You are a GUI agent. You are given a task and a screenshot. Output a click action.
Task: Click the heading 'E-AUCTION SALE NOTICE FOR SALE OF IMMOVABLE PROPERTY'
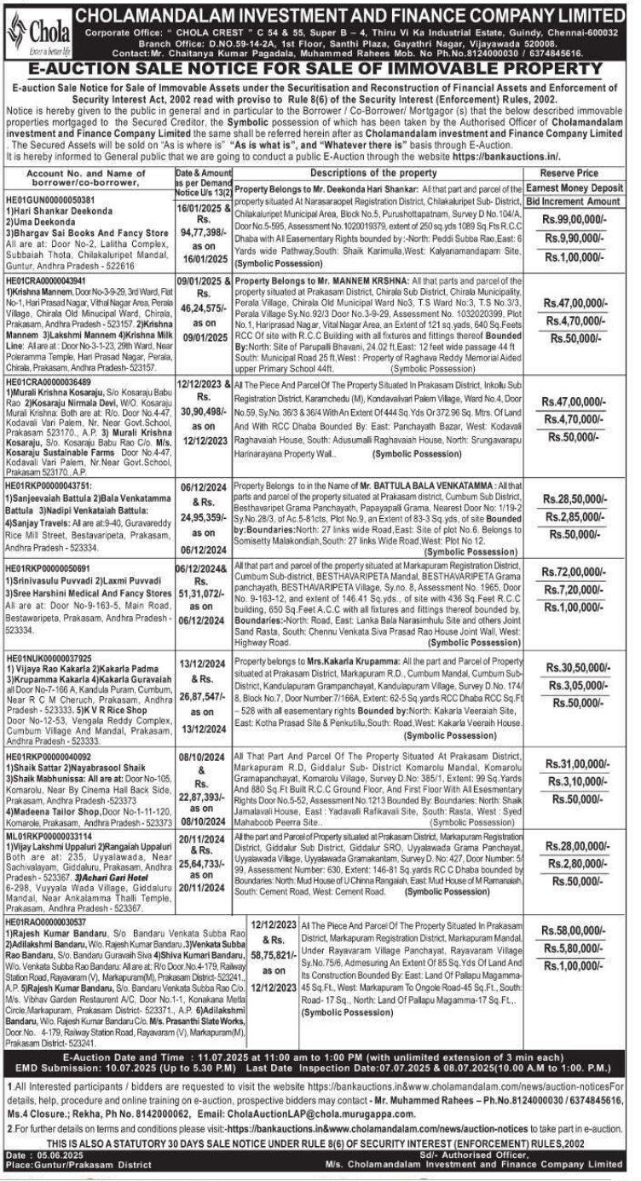tap(320, 67)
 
